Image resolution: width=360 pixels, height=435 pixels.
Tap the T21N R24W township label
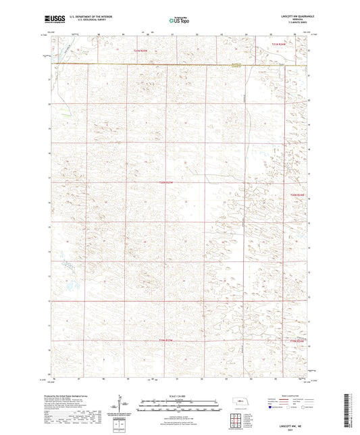pyautogui.click(x=288, y=44)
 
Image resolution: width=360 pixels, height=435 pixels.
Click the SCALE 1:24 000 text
pyautogui.click(x=179, y=396)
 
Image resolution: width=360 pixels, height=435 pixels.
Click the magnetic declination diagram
pyautogui.click(x=124, y=408)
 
